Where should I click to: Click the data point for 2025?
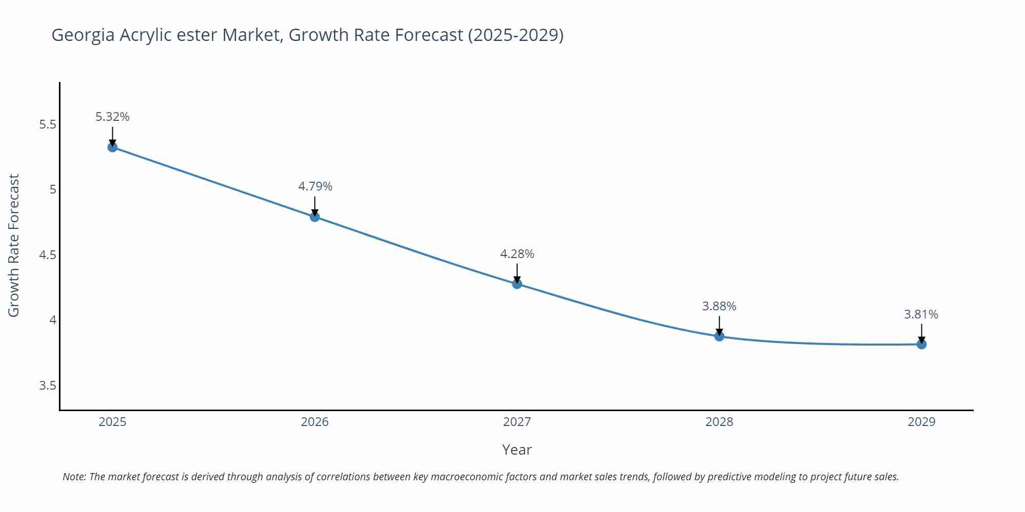coord(113,147)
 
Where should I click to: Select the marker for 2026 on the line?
coord(315,217)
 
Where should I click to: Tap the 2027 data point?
coord(517,284)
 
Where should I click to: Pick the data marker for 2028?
coord(719,336)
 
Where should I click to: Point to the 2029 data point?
coord(921,345)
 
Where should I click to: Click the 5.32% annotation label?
coord(112,117)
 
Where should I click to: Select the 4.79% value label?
coord(315,186)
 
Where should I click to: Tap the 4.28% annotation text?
coord(517,254)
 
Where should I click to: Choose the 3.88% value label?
coord(719,306)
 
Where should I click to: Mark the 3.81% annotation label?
coord(921,314)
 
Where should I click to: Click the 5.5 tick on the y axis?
coord(48,124)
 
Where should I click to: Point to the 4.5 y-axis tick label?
coord(48,255)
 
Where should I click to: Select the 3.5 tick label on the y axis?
coord(48,386)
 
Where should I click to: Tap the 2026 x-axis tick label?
coord(315,422)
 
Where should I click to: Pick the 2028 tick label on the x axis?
coord(719,422)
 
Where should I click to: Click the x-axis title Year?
coord(517,450)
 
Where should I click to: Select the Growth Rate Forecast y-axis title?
coord(14,245)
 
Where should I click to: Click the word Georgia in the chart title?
coord(83,35)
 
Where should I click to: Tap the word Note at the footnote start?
coord(74,477)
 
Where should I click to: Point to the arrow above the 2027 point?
coord(517,273)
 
